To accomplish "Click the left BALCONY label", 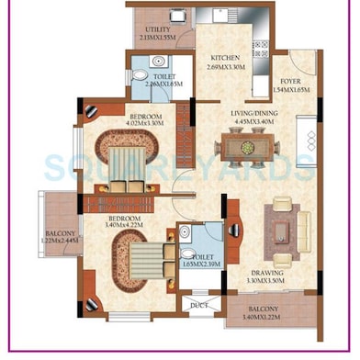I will point(61,234).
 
